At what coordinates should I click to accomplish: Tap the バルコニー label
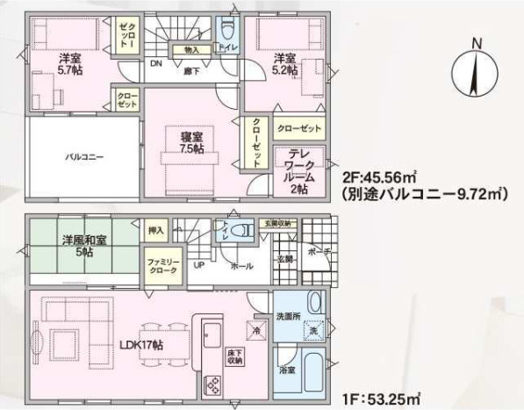click(85, 156)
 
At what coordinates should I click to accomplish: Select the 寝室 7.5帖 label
click(192, 143)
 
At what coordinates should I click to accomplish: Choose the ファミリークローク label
click(162, 267)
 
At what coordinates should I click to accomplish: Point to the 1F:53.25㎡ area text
click(378, 398)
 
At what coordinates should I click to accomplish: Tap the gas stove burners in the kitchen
click(213, 384)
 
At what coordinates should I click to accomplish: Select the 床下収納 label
click(234, 356)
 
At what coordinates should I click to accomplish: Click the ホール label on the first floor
click(242, 264)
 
